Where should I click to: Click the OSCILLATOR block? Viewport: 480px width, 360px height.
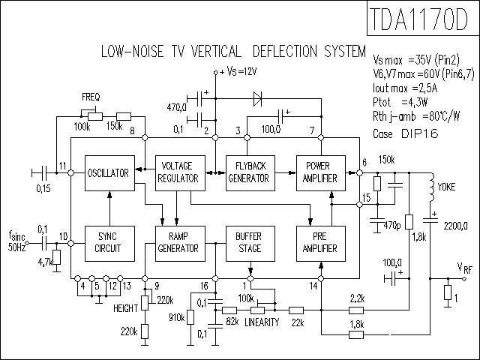(x=109, y=173)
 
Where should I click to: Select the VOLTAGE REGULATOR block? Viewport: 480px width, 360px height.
(x=180, y=173)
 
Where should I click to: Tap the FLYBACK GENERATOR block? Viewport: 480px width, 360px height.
(x=250, y=173)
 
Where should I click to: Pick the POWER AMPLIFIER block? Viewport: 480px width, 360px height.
(x=321, y=173)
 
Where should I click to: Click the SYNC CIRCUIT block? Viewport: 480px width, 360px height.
(x=109, y=244)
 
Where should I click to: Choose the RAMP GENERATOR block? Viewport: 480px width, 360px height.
(x=180, y=244)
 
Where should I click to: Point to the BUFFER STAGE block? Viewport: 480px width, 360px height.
(x=250, y=244)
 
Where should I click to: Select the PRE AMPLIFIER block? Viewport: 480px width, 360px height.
(x=321, y=244)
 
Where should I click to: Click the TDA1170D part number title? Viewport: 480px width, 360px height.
(x=418, y=19)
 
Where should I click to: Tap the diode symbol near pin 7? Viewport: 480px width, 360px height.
(x=257, y=99)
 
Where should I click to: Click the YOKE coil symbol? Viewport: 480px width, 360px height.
(x=432, y=187)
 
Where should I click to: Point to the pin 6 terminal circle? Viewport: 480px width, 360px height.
(x=360, y=173)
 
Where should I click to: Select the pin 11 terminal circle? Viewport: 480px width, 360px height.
(x=70, y=173)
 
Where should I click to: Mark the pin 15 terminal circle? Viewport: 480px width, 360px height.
(x=360, y=204)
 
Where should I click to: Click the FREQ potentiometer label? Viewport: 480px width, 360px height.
(x=91, y=97)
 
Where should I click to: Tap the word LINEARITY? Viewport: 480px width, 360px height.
(x=262, y=322)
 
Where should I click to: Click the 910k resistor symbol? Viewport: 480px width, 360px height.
(x=190, y=317)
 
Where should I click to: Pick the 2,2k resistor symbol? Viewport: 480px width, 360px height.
(x=356, y=310)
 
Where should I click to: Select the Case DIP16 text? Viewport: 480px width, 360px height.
(x=406, y=133)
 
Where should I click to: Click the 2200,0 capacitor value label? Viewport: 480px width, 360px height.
(x=455, y=226)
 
